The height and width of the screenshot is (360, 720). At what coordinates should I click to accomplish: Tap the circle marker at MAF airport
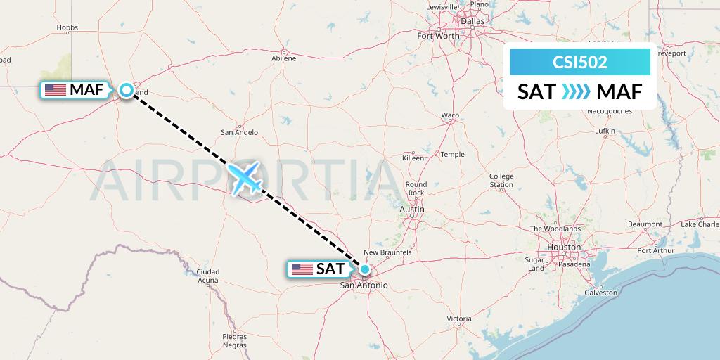[x=126, y=90]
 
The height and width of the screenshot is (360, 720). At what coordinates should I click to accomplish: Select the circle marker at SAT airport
[x=365, y=269]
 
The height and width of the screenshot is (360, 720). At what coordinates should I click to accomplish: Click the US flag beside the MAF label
[x=55, y=90]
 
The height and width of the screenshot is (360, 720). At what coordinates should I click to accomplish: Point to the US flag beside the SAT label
[x=302, y=269]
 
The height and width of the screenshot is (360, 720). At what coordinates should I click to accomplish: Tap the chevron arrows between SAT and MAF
[x=577, y=92]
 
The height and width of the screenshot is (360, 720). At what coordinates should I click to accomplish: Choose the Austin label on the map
[x=411, y=210]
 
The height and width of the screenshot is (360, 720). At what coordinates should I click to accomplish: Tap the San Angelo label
[x=239, y=132]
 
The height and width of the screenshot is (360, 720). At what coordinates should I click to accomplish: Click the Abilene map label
[x=284, y=58]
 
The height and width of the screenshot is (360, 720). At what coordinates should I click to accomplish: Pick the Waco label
[x=450, y=115]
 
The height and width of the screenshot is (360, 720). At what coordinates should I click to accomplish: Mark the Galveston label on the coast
[x=600, y=292]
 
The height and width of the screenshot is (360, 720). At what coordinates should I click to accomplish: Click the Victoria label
[x=459, y=319]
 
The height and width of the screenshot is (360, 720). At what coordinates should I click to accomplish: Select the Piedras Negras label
[x=234, y=341]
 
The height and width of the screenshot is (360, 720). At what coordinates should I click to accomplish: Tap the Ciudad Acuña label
[x=208, y=276]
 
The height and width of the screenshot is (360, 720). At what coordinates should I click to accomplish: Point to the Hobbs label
[x=67, y=28]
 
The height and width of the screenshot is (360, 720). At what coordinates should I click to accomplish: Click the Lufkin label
[x=605, y=131]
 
